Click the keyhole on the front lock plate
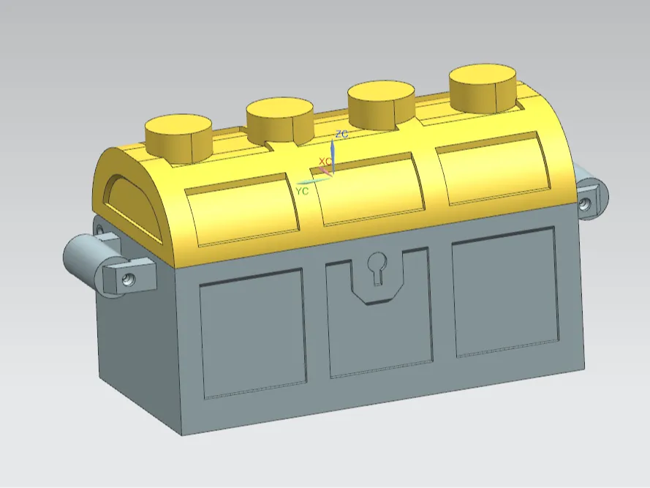377,267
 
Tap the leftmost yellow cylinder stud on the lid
178,138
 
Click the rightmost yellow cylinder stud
484,88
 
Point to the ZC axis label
341,134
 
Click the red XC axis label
325,161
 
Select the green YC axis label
302,191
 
